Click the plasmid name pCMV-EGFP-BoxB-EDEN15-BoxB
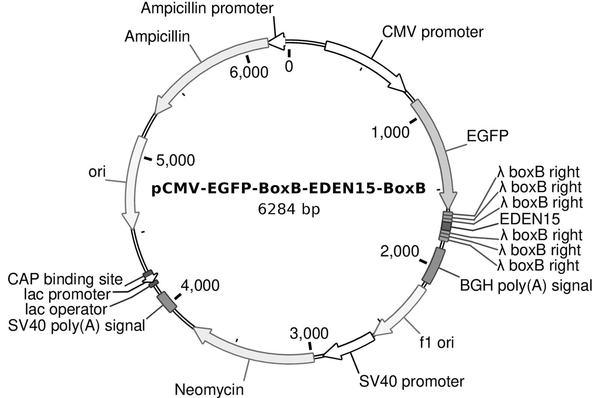288,189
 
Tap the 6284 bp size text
289,209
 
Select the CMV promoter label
433,32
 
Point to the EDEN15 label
530,219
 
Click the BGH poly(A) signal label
526,285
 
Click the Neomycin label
209,390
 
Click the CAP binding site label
65,279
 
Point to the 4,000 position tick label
200,286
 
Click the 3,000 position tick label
309,333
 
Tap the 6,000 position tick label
249,72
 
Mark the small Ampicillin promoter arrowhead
278,41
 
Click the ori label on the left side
97,172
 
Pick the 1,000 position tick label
390,132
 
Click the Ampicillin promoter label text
207,8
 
